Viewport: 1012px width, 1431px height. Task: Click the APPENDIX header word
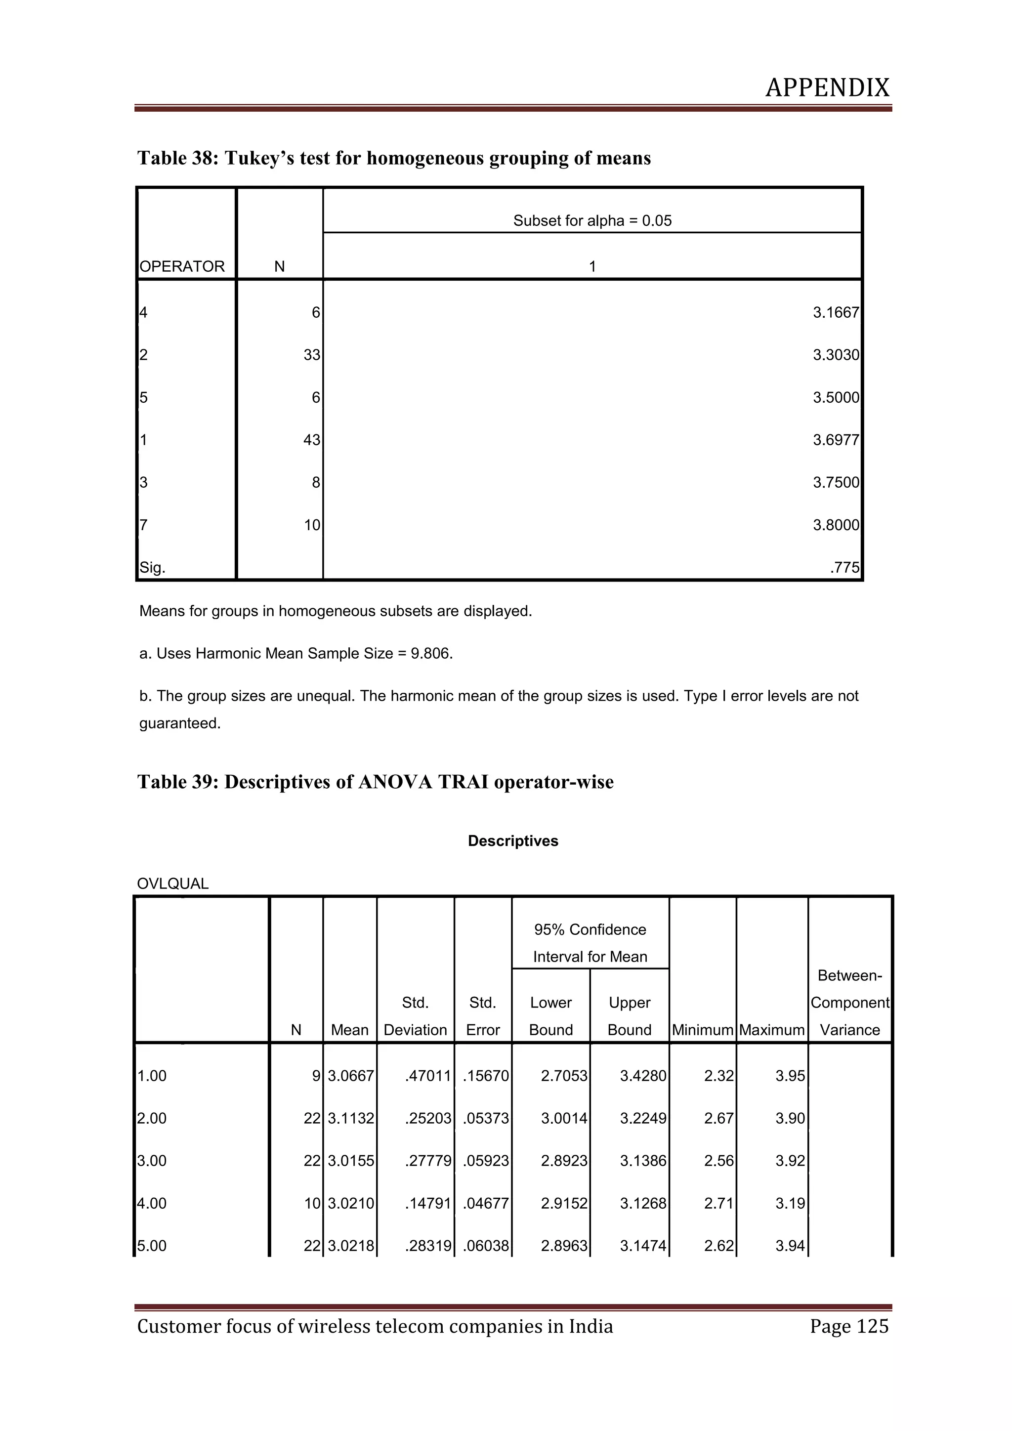(827, 88)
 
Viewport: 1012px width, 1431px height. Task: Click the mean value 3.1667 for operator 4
(835, 313)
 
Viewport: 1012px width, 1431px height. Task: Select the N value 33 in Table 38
(312, 355)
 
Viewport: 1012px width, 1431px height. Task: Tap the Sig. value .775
(844, 568)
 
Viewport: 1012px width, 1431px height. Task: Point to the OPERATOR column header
(182, 267)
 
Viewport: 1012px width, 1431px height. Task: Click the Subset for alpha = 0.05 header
(592, 221)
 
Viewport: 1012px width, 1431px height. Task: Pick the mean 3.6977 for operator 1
(835, 440)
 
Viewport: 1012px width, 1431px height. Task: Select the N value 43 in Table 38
(312, 440)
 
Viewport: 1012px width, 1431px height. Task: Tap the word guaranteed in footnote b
(179, 723)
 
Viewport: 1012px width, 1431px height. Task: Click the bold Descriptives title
(513, 841)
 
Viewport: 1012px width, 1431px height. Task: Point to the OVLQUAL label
(172, 884)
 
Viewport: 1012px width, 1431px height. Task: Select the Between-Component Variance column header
(849, 1003)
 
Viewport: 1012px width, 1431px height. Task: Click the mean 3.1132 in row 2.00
(351, 1119)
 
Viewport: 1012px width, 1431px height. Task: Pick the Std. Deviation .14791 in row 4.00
(427, 1204)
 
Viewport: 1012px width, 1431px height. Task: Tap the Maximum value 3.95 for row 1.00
(790, 1076)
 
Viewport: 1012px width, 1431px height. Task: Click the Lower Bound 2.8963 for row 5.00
(563, 1246)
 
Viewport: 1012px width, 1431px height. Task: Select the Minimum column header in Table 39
(702, 1030)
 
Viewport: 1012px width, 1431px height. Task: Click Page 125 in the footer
(849, 1326)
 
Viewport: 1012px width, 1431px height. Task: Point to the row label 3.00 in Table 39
(152, 1161)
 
